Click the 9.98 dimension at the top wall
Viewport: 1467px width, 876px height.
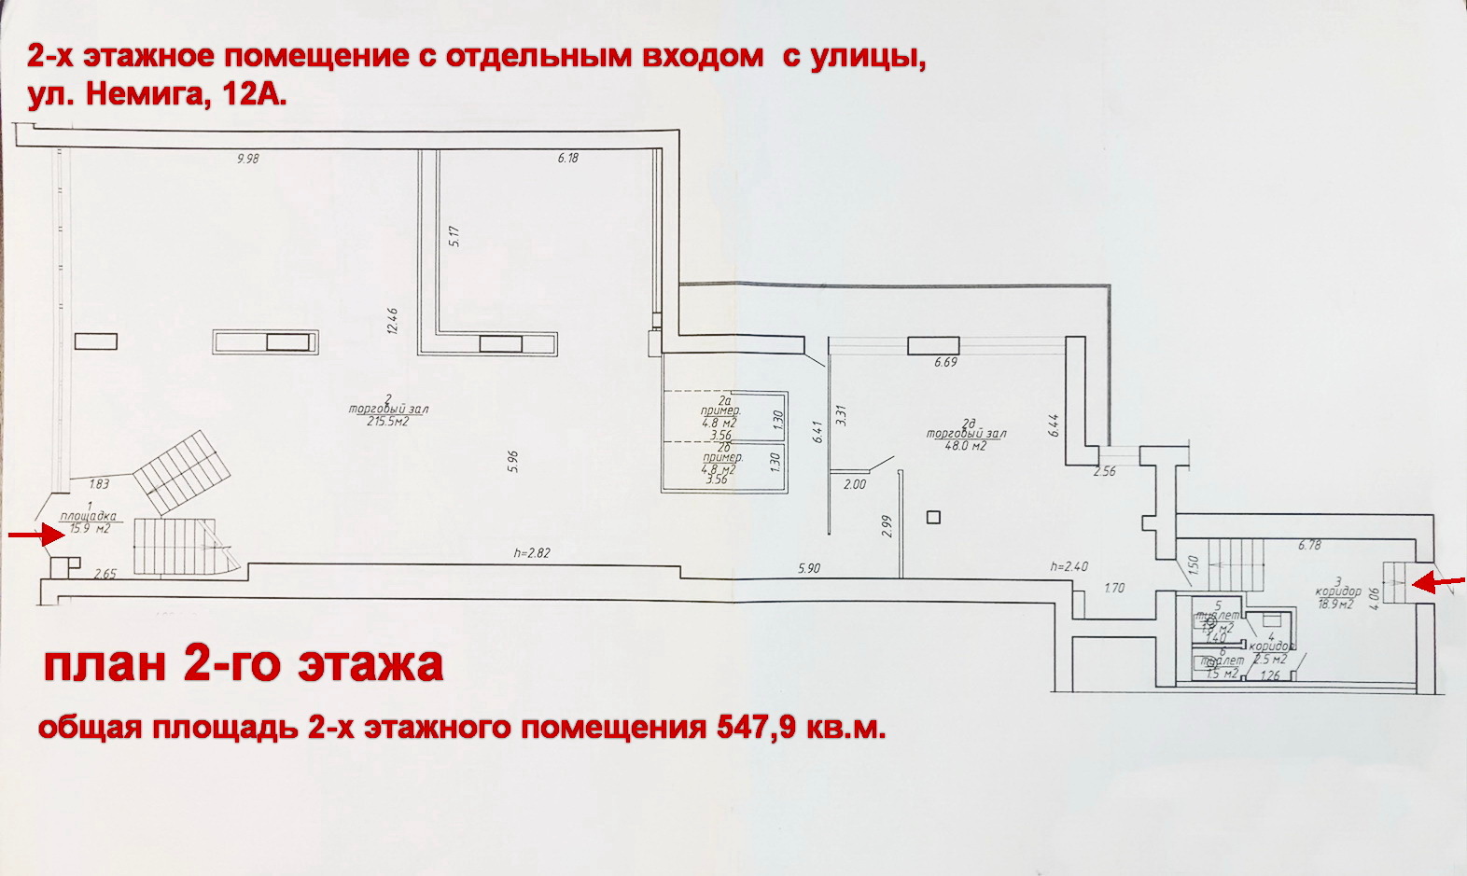click(247, 159)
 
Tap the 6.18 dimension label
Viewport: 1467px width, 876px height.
click(568, 159)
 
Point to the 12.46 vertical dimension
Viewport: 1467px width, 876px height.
click(394, 322)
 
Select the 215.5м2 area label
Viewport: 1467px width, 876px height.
click(388, 422)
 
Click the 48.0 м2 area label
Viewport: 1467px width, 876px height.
click(967, 446)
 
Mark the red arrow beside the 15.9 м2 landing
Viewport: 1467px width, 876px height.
click(25, 535)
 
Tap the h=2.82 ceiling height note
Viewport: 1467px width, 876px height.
click(532, 552)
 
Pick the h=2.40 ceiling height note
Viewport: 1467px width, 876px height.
click(1069, 566)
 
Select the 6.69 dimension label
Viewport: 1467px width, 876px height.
click(945, 362)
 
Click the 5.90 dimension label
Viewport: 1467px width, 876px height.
click(808, 567)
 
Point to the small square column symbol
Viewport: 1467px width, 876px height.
click(933, 517)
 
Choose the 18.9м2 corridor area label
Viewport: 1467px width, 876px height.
click(1335, 605)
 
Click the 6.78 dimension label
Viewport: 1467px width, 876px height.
click(1309, 545)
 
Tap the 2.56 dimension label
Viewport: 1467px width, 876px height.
click(1105, 471)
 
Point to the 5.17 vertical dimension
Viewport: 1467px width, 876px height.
click(454, 236)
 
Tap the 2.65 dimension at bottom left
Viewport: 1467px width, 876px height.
click(105, 574)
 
